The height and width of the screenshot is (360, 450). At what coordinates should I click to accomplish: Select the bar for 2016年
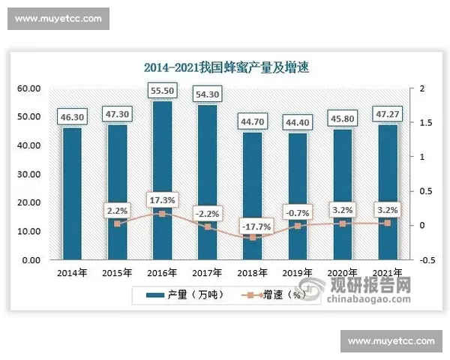click(163, 180)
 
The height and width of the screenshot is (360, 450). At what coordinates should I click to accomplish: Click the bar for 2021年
click(387, 192)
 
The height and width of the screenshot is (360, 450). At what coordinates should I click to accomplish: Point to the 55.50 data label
click(163, 89)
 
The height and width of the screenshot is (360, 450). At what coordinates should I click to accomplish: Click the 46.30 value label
click(73, 116)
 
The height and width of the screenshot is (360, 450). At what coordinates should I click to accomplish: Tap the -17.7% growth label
click(252, 224)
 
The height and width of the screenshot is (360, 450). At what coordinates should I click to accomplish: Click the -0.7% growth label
click(297, 212)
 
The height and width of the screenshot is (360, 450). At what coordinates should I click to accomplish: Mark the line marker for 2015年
click(118, 223)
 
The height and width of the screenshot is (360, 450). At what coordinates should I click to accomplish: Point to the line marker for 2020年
click(342, 223)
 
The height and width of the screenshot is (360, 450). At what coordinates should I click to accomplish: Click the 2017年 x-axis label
click(207, 272)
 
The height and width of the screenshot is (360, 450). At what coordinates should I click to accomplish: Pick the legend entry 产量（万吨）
click(184, 295)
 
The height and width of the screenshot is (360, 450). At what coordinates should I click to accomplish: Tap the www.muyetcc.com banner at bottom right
click(391, 341)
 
